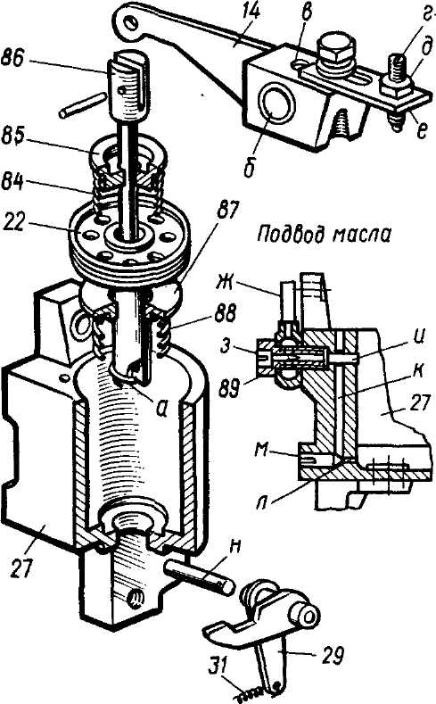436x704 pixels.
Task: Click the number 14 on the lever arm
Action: [251, 12]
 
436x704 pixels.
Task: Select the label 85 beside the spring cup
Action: [13, 137]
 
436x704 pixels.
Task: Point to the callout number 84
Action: [13, 183]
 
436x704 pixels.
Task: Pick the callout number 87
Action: [228, 211]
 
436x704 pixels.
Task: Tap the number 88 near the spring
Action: [226, 314]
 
